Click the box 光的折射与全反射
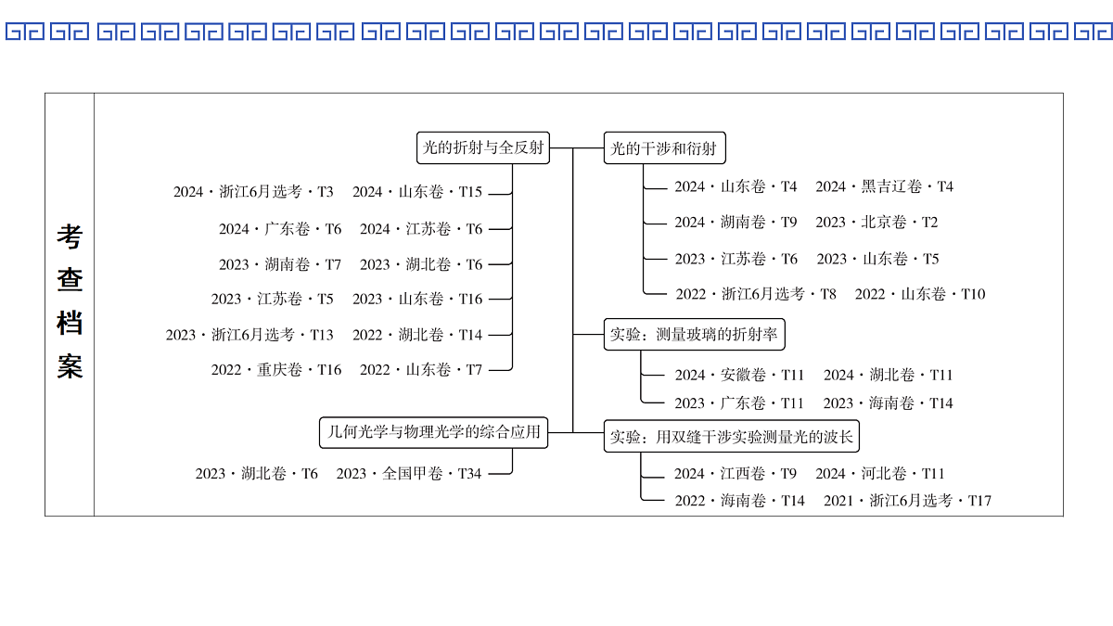point(483,147)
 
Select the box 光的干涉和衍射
point(664,147)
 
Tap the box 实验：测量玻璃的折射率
point(694,335)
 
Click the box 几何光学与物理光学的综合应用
point(433,432)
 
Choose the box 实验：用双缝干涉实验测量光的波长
point(732,436)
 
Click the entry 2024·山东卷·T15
point(417,192)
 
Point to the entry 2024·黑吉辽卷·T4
point(885,186)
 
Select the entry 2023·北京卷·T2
point(876,222)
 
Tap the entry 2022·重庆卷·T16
point(276,370)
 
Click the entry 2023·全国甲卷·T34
point(409,474)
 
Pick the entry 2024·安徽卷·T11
point(739,375)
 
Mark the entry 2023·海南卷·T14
point(888,402)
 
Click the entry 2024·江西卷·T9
point(736,474)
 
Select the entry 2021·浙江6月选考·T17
point(907,500)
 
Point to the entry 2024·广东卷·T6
point(280,229)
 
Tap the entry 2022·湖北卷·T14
point(417,335)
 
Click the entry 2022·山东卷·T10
point(920,294)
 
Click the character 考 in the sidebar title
point(70,236)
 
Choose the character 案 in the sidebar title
point(70,366)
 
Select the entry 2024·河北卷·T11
point(880,474)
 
